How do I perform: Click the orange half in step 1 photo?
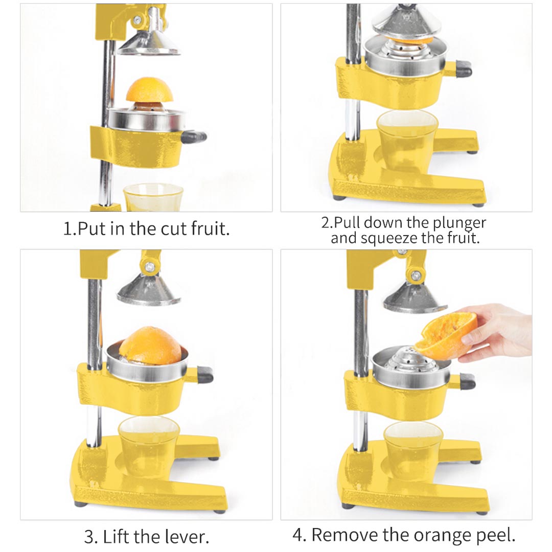(x=150, y=90)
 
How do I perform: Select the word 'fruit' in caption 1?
(x=210, y=228)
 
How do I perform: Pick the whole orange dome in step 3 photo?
(x=150, y=346)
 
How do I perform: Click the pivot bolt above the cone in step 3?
(x=150, y=266)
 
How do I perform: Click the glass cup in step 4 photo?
(x=412, y=450)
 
